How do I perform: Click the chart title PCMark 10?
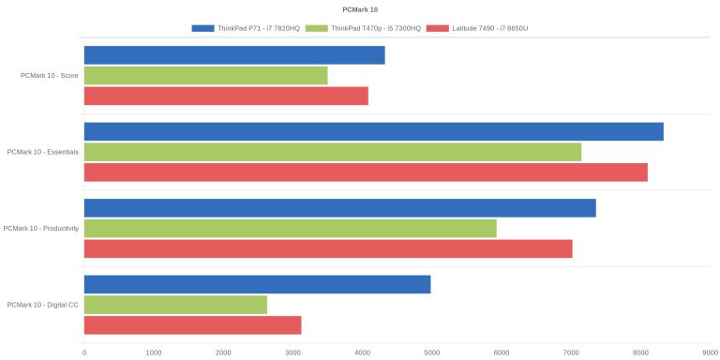(360, 9)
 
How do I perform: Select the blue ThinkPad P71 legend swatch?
(202, 28)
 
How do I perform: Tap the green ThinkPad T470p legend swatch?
(317, 28)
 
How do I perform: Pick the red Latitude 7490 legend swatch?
(438, 28)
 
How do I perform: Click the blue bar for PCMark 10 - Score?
(234, 55)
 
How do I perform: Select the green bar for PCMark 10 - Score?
(206, 75)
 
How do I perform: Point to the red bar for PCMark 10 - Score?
(226, 96)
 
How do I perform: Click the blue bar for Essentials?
(374, 132)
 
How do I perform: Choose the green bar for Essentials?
(333, 152)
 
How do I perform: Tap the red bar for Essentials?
(366, 172)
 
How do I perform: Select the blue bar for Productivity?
(340, 208)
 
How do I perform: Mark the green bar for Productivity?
(291, 228)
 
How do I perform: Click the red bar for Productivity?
(328, 248)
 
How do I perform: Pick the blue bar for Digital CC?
(258, 285)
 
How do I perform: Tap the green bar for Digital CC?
(176, 305)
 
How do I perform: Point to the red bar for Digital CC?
(193, 325)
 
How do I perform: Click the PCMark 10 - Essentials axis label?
(43, 152)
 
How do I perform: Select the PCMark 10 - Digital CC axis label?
(43, 305)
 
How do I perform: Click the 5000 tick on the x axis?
(431, 352)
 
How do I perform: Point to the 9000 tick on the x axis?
(711, 352)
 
